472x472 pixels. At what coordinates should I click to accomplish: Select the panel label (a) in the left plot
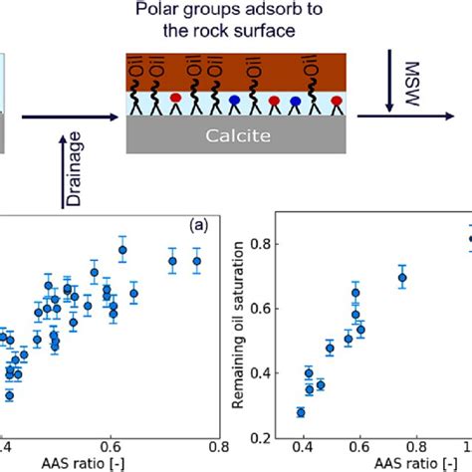[x=200, y=225]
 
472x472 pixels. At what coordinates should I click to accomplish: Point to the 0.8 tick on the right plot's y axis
[x=263, y=243]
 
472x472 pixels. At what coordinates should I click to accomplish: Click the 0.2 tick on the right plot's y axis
[x=263, y=438]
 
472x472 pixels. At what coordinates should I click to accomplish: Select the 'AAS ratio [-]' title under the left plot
[x=112, y=464]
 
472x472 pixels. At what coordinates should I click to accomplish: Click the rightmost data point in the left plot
[x=197, y=262]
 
